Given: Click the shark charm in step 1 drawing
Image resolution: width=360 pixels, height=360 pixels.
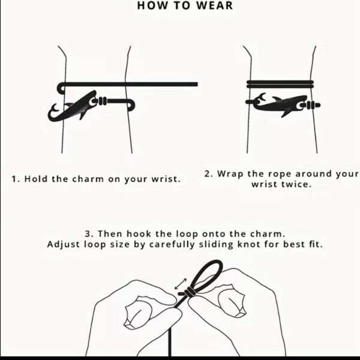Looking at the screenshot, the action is click(76, 107).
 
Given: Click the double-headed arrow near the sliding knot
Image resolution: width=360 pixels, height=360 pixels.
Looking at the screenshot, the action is click(181, 284).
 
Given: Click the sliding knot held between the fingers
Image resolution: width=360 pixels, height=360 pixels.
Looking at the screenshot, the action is click(189, 292).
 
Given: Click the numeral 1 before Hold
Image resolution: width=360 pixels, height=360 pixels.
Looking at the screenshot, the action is click(14, 179).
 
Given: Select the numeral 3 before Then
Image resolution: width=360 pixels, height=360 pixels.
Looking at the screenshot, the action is click(88, 234).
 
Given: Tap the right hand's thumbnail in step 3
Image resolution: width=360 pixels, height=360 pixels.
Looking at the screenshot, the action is click(232, 301).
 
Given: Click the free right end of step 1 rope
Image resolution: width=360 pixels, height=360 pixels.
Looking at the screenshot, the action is click(197, 84).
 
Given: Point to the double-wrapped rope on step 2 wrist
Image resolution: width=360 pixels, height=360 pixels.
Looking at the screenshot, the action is click(280, 84).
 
